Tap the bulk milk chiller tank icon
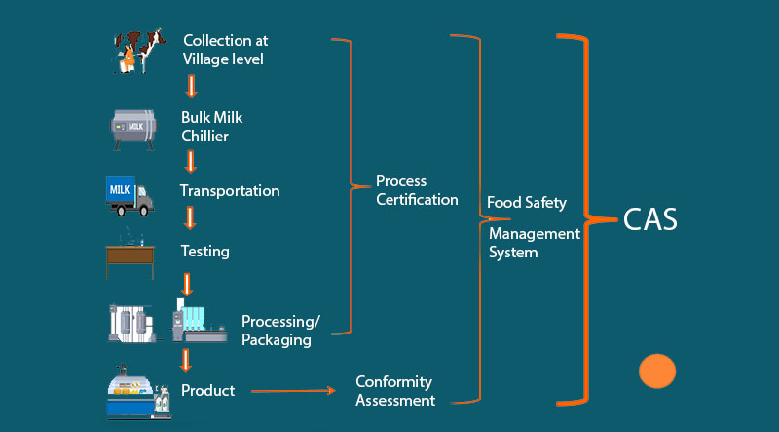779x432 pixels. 133,126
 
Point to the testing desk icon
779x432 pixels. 131,254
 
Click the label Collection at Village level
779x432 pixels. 225,50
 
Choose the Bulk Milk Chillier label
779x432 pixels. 211,127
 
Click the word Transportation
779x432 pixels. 230,191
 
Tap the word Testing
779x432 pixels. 205,252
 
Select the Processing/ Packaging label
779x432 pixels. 280,332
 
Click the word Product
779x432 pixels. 207,391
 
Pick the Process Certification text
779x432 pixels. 417,190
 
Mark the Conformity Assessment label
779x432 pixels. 394,391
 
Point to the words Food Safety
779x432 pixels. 527,203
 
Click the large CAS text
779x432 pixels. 651,220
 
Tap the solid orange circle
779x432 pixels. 657,372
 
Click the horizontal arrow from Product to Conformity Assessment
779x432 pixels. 292,392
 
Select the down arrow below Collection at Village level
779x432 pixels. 192,87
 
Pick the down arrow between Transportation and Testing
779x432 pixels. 191,218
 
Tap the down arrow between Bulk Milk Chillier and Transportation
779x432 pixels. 191,160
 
